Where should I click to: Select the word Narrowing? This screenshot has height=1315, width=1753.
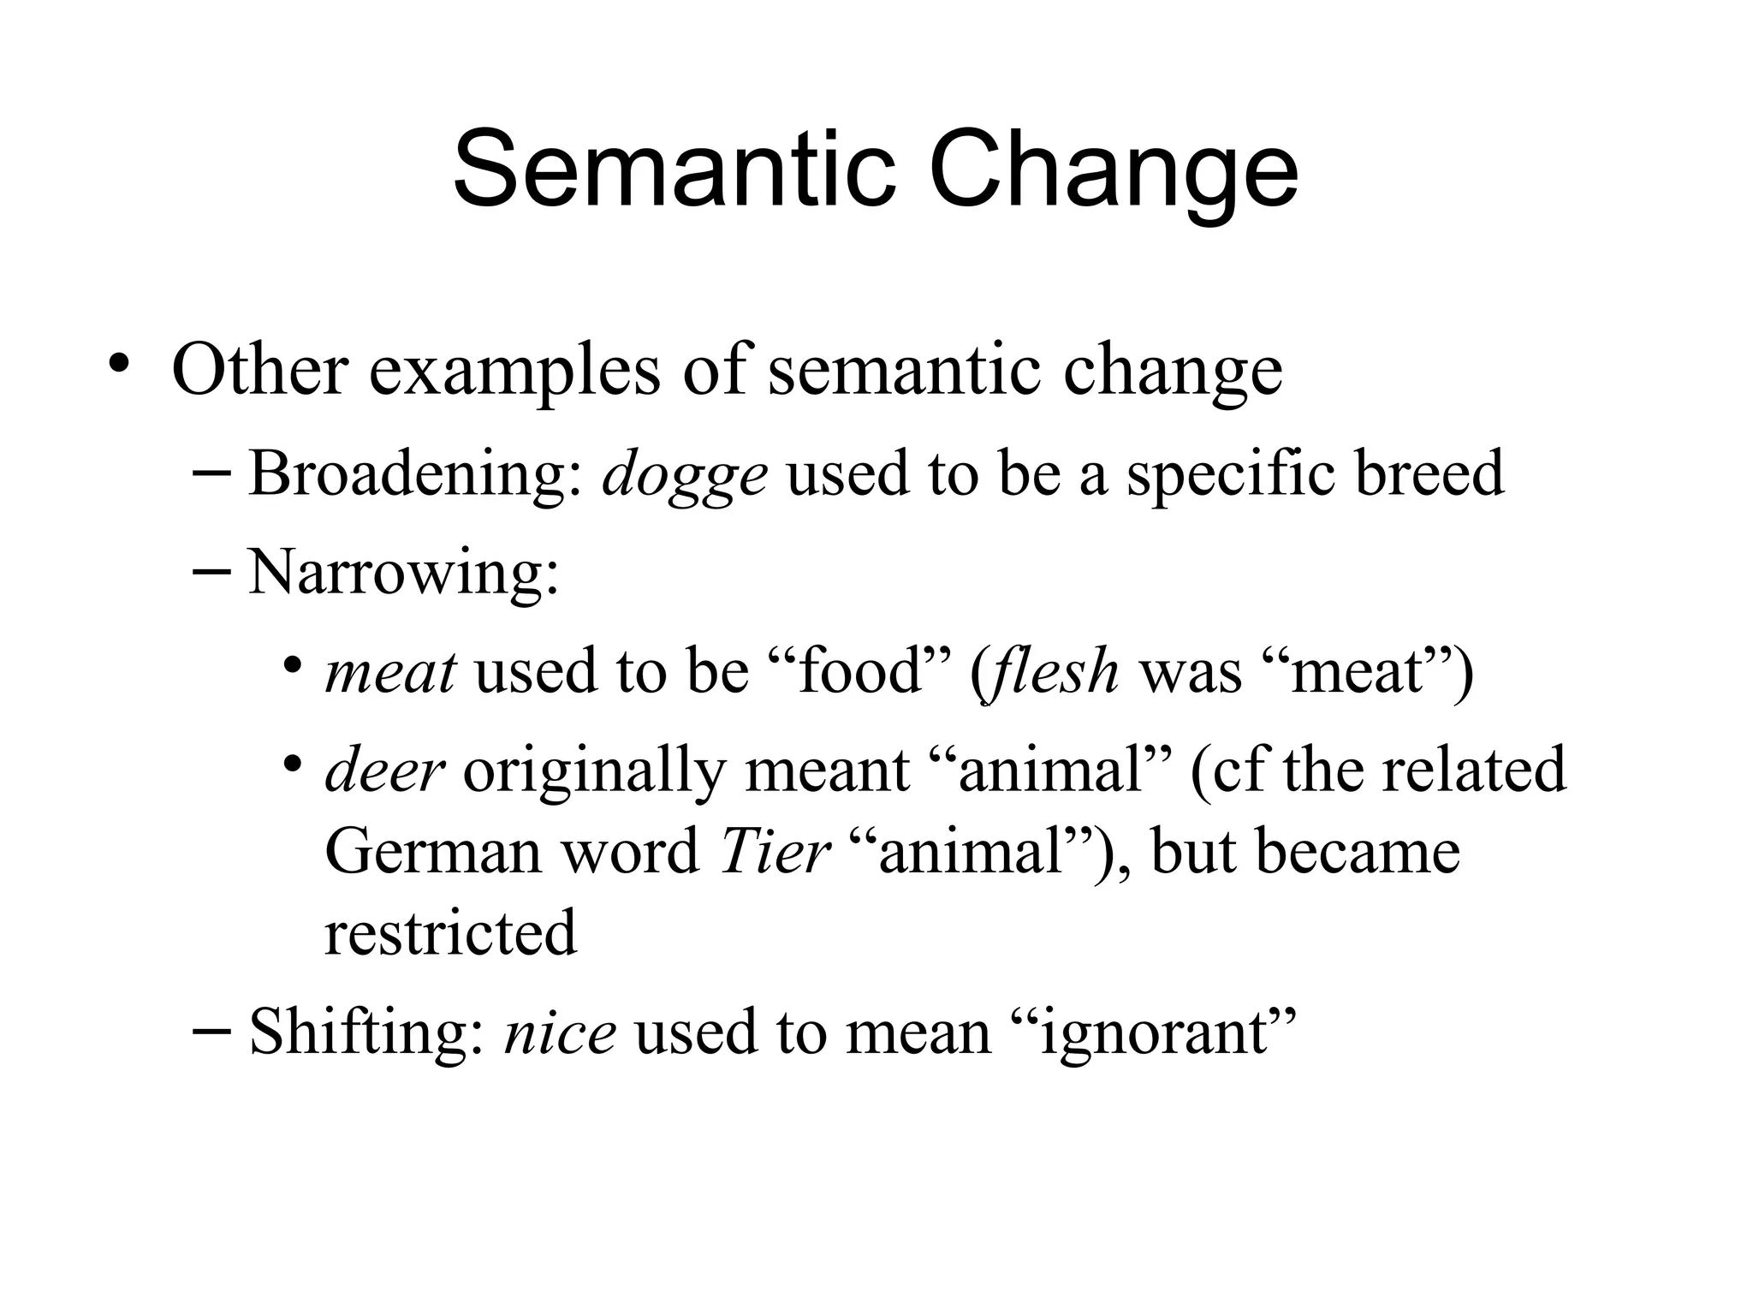coord(403,572)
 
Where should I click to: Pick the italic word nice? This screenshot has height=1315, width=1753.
coord(560,1032)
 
